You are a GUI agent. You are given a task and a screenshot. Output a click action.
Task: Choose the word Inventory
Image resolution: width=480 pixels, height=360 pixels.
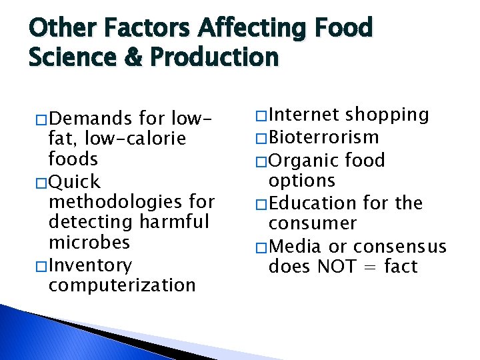coord(90,265)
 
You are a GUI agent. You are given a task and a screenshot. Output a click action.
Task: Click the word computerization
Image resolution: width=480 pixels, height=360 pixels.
coord(122,285)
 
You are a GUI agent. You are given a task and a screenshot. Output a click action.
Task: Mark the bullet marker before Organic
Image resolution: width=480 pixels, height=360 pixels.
coord(261,161)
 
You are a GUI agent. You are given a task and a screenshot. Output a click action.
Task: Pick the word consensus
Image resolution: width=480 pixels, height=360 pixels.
coord(399,246)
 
